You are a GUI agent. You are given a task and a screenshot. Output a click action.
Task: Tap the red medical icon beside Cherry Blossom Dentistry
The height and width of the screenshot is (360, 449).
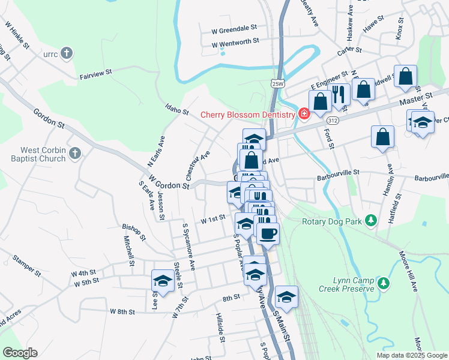click(304, 114)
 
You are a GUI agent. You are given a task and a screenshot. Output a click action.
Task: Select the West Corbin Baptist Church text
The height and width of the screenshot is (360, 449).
click(43, 154)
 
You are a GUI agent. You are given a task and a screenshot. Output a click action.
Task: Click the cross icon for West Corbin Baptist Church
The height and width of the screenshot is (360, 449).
click(74, 154)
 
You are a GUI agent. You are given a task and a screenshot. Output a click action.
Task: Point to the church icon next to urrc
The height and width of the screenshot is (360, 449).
click(67, 53)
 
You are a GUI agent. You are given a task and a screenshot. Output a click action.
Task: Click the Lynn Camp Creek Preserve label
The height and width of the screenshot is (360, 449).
click(354, 284)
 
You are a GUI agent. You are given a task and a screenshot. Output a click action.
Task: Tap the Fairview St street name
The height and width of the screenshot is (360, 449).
click(96, 73)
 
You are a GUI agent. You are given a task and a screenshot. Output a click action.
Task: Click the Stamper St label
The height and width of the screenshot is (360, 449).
click(26, 266)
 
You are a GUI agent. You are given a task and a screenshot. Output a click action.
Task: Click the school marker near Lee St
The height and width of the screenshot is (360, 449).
click(163, 280)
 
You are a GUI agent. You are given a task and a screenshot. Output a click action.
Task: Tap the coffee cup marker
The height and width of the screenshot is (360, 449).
click(268, 233)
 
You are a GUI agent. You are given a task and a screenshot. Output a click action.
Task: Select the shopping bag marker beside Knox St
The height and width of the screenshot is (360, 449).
click(405, 76)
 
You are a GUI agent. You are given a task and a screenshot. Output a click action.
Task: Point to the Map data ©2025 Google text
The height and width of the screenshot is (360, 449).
click(412, 355)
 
